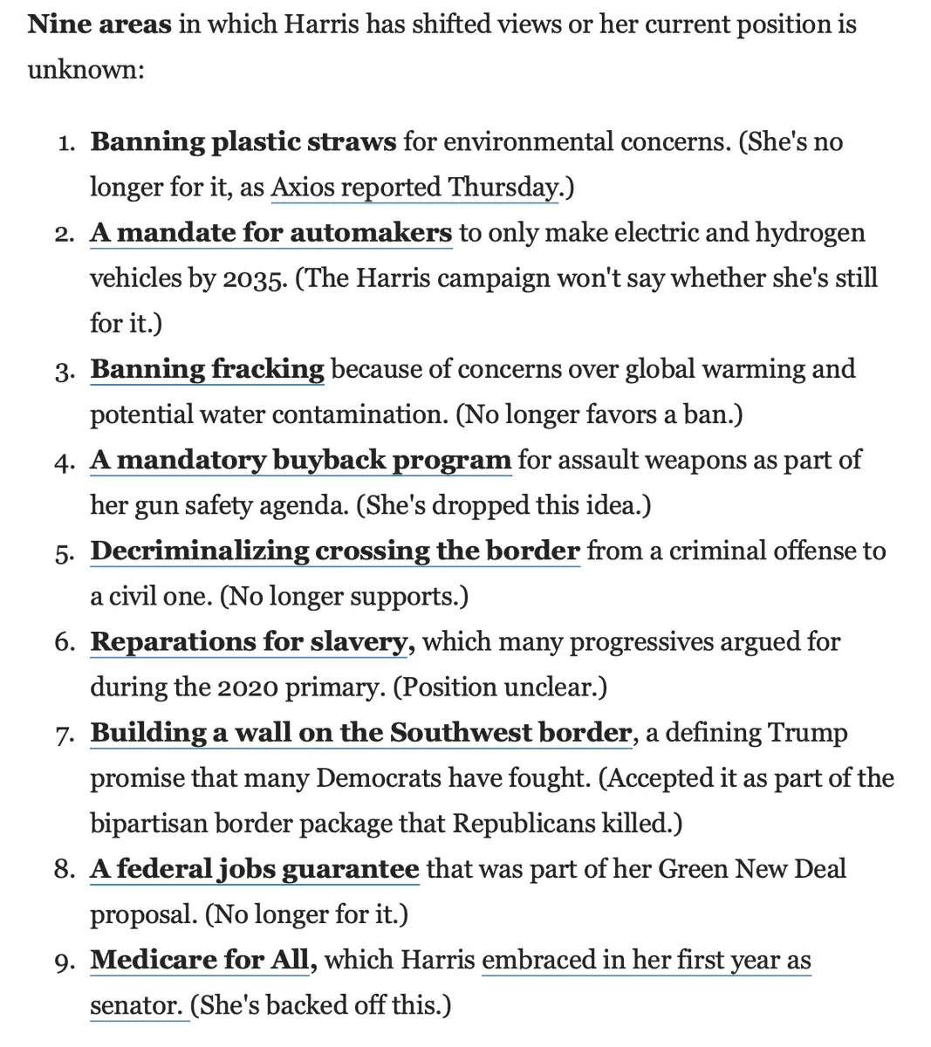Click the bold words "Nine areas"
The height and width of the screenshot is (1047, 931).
(x=99, y=24)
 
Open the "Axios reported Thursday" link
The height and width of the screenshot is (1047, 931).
(x=414, y=188)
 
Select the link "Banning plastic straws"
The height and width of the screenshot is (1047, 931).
(x=243, y=142)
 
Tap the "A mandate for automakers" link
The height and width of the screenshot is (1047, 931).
(x=271, y=233)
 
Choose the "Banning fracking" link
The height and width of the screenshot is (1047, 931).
(x=207, y=369)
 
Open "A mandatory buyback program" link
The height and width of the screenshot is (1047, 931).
(x=300, y=460)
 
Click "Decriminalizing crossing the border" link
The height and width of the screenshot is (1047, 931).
(x=335, y=551)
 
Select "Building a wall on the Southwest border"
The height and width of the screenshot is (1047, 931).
(x=361, y=733)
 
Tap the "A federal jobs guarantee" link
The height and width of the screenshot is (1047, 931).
(x=255, y=869)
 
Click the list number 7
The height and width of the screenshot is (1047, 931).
(x=64, y=735)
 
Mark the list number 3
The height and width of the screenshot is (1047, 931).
(x=64, y=371)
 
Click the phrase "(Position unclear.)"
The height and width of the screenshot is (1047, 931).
(x=500, y=688)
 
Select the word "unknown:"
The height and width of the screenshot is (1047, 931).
(x=86, y=69)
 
